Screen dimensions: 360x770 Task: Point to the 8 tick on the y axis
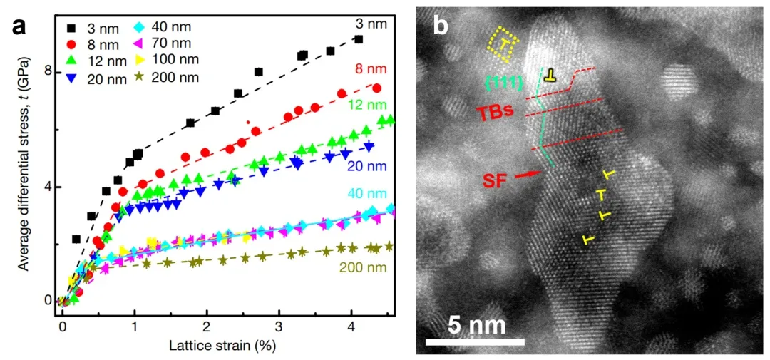51,72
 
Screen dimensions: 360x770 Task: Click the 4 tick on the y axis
51,187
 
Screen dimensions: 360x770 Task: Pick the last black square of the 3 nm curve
359,40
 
